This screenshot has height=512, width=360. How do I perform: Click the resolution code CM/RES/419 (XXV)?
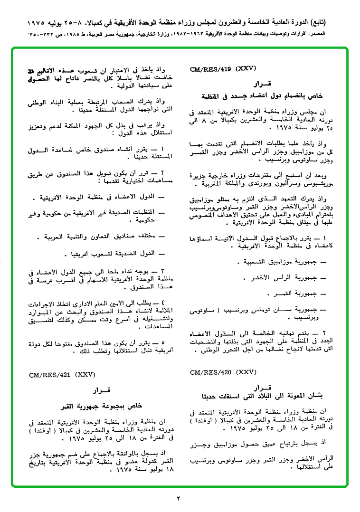[x=217, y=69]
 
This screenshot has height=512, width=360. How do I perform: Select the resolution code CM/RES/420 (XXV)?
[x=217, y=372]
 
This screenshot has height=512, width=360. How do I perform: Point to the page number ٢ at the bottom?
[x=179, y=498]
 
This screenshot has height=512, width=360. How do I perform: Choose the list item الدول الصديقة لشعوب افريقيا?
[x=113, y=254]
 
